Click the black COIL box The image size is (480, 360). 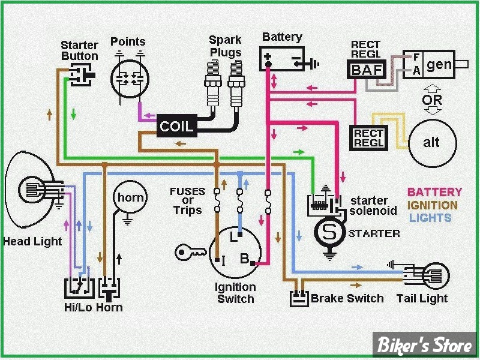point(176,125)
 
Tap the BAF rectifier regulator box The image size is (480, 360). point(367,70)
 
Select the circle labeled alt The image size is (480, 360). point(432,143)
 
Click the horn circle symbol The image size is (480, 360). point(130,197)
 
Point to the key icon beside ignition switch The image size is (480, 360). point(190,252)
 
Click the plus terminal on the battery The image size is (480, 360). point(268,56)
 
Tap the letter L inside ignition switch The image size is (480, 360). point(233,236)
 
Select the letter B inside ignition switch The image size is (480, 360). point(245,259)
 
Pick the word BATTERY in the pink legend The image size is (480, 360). point(434,192)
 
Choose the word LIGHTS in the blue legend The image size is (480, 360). point(430,218)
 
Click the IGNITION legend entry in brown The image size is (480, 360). point(432,205)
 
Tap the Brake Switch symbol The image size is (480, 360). point(299,297)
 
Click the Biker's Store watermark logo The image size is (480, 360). point(425,344)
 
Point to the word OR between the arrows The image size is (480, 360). point(432,100)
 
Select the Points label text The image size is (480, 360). point(128,41)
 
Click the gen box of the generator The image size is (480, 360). point(439,65)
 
